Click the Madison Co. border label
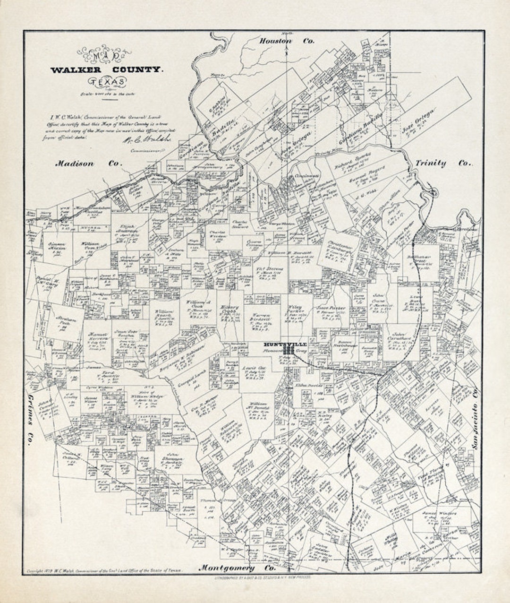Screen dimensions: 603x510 pyautogui.click(x=88, y=164)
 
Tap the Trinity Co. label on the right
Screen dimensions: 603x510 pyautogui.click(x=443, y=163)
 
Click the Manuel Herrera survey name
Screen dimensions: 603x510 pyautogui.click(x=98, y=336)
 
